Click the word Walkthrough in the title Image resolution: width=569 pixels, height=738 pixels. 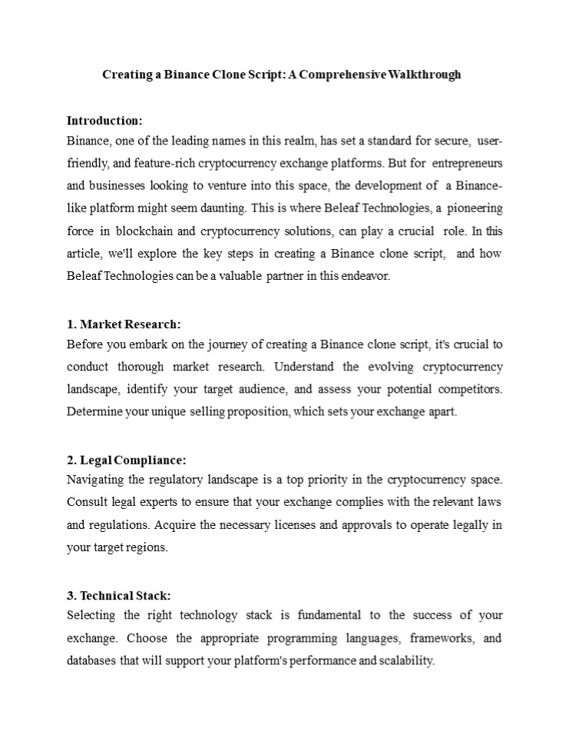coord(425,75)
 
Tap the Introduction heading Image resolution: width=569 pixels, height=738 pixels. coord(104,121)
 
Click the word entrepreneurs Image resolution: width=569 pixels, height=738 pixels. coord(468,164)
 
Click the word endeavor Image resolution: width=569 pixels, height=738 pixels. coord(368,276)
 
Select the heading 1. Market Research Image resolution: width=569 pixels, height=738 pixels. coord(124,324)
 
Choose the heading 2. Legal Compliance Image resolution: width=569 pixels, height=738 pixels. coord(127,460)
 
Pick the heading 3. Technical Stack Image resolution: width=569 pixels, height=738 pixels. coord(119,595)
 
